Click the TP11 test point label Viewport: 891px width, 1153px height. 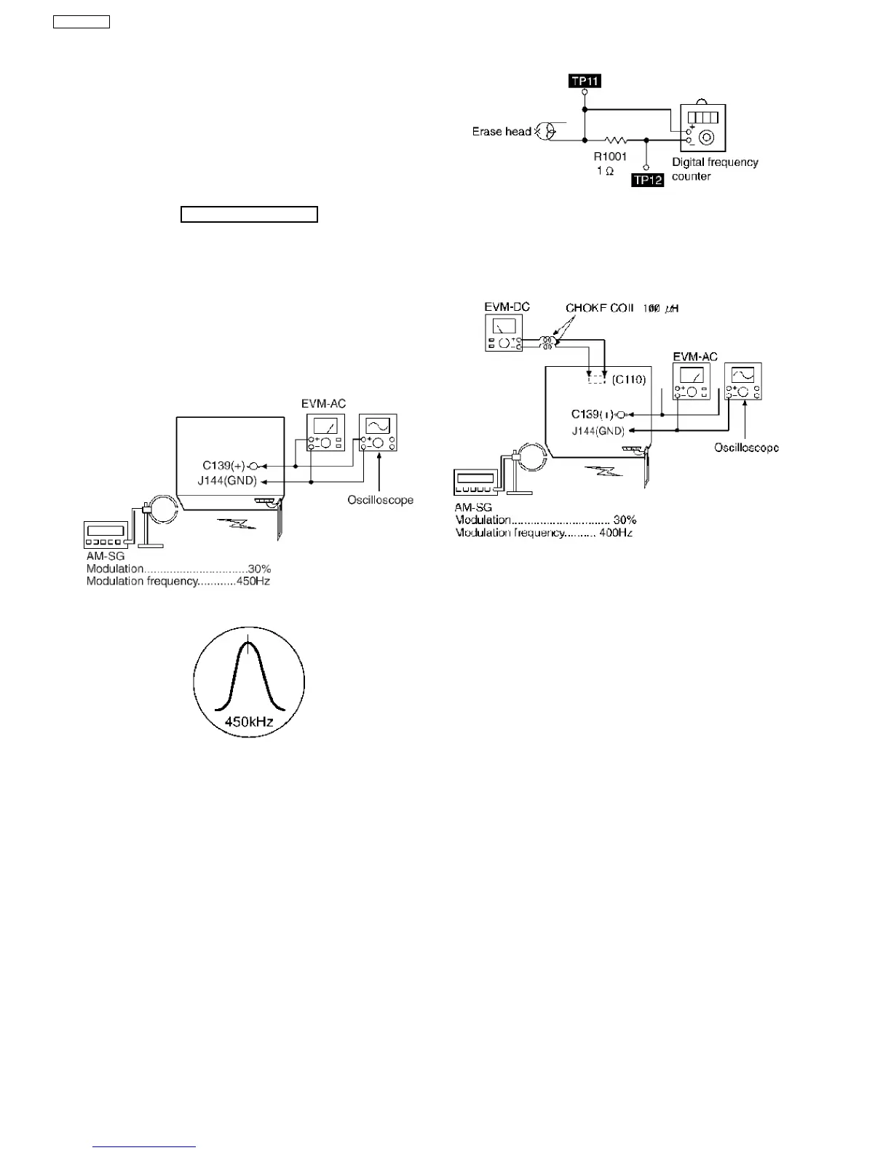(x=585, y=81)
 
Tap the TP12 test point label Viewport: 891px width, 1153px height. (x=648, y=180)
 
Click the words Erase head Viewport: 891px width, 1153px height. (x=502, y=132)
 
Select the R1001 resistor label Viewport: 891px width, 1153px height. (x=610, y=156)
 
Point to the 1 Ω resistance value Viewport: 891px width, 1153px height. (x=605, y=171)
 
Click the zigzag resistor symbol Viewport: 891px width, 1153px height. (x=615, y=139)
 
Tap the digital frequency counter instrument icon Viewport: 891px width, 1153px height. (x=702, y=127)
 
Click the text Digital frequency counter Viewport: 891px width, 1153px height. (x=714, y=169)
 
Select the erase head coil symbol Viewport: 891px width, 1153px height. (x=546, y=131)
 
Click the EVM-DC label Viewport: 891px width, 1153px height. (x=507, y=307)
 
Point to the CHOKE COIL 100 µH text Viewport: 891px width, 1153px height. (x=622, y=309)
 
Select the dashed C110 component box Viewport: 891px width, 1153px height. (x=597, y=379)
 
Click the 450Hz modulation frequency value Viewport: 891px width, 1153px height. (x=253, y=581)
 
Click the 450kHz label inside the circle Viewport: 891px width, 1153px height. (x=249, y=722)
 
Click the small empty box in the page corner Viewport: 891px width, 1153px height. (x=82, y=21)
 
